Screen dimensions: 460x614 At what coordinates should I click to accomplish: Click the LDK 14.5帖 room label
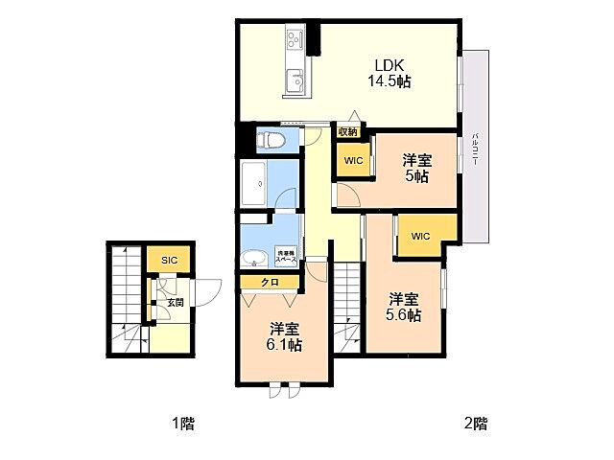coord(389,74)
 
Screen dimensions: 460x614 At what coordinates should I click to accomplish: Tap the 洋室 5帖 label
coord(415,169)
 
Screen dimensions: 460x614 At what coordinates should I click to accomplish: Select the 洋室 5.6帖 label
coord(403,306)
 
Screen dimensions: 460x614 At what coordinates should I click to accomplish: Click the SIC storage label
coord(169,260)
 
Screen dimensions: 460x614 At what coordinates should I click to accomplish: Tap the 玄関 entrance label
coord(175,302)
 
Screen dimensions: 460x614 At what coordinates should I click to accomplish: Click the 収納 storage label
coord(347,132)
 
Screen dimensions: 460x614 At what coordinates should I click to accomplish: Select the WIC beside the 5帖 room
coord(353,161)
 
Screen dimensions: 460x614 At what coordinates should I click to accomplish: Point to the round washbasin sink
coord(255,258)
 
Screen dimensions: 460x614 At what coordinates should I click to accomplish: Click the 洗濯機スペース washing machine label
coord(286,257)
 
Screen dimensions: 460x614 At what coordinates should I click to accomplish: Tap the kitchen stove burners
coord(294,42)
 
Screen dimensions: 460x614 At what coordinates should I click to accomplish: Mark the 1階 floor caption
coord(182,423)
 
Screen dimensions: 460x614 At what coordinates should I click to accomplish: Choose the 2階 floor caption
coord(475,423)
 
